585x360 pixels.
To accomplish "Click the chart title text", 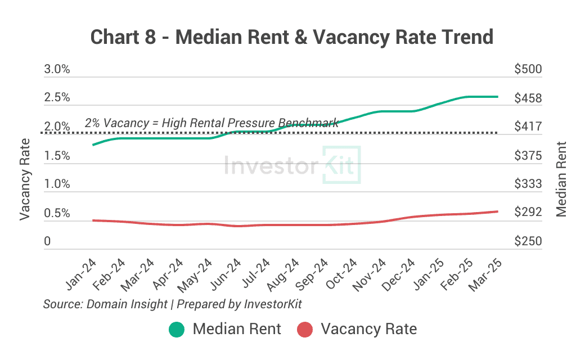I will (x=292, y=37).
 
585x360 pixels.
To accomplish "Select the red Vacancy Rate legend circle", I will (x=305, y=329).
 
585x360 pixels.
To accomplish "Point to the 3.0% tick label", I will (x=57, y=69).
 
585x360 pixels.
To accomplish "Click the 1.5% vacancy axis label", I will (x=57, y=155).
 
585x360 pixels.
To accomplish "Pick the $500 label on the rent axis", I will (x=528, y=69).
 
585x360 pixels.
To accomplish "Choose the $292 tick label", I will (x=528, y=212).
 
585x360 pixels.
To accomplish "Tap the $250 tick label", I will (x=528, y=241).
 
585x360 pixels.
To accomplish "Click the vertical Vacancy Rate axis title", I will (x=25, y=180).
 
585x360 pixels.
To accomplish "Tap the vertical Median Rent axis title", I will (x=561, y=179).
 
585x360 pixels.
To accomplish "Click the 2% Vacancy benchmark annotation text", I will (x=211, y=122).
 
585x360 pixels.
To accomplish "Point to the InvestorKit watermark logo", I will (x=292, y=165).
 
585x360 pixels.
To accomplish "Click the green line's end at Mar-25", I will (x=498, y=97).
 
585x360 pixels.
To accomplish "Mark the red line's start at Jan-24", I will (x=93, y=220).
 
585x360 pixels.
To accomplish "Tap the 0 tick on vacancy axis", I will (x=48, y=241).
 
